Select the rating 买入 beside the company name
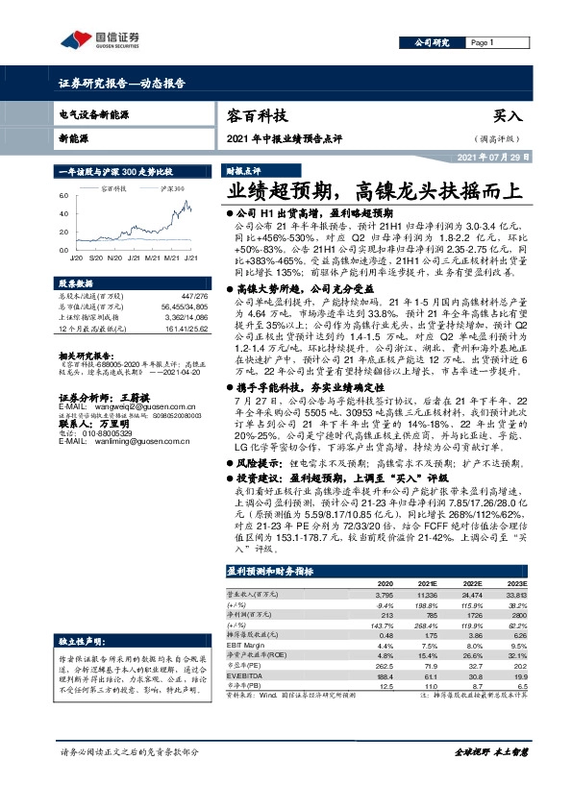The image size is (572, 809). tap(508, 116)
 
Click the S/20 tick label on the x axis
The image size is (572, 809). tap(95, 257)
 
